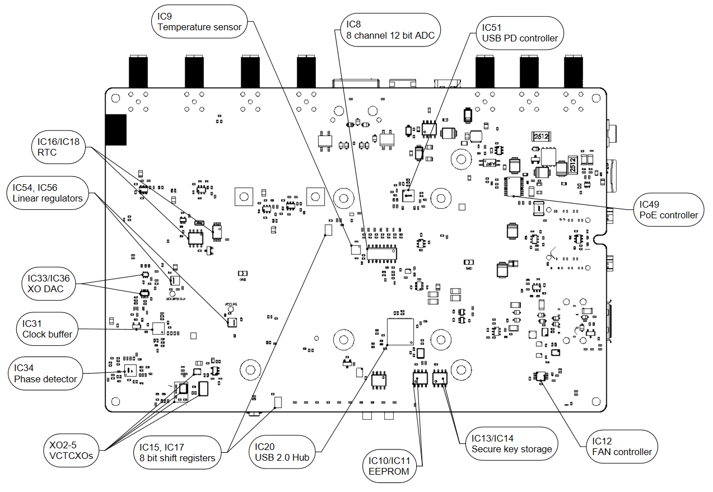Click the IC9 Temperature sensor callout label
click(x=199, y=21)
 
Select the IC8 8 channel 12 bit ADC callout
click(x=390, y=30)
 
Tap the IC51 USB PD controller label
click(x=520, y=32)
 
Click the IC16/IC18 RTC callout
click(x=58, y=147)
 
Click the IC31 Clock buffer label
click(x=48, y=329)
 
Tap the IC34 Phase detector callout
click(x=46, y=373)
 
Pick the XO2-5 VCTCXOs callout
click(x=71, y=449)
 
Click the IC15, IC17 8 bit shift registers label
click(x=178, y=452)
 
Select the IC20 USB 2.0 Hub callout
click(x=282, y=452)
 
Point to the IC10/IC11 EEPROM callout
click(x=390, y=466)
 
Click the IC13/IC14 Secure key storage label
click(x=511, y=443)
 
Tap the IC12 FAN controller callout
click(x=622, y=446)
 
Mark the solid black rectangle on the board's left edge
click(x=116, y=130)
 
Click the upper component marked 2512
click(x=541, y=136)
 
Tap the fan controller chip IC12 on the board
click(x=540, y=377)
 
